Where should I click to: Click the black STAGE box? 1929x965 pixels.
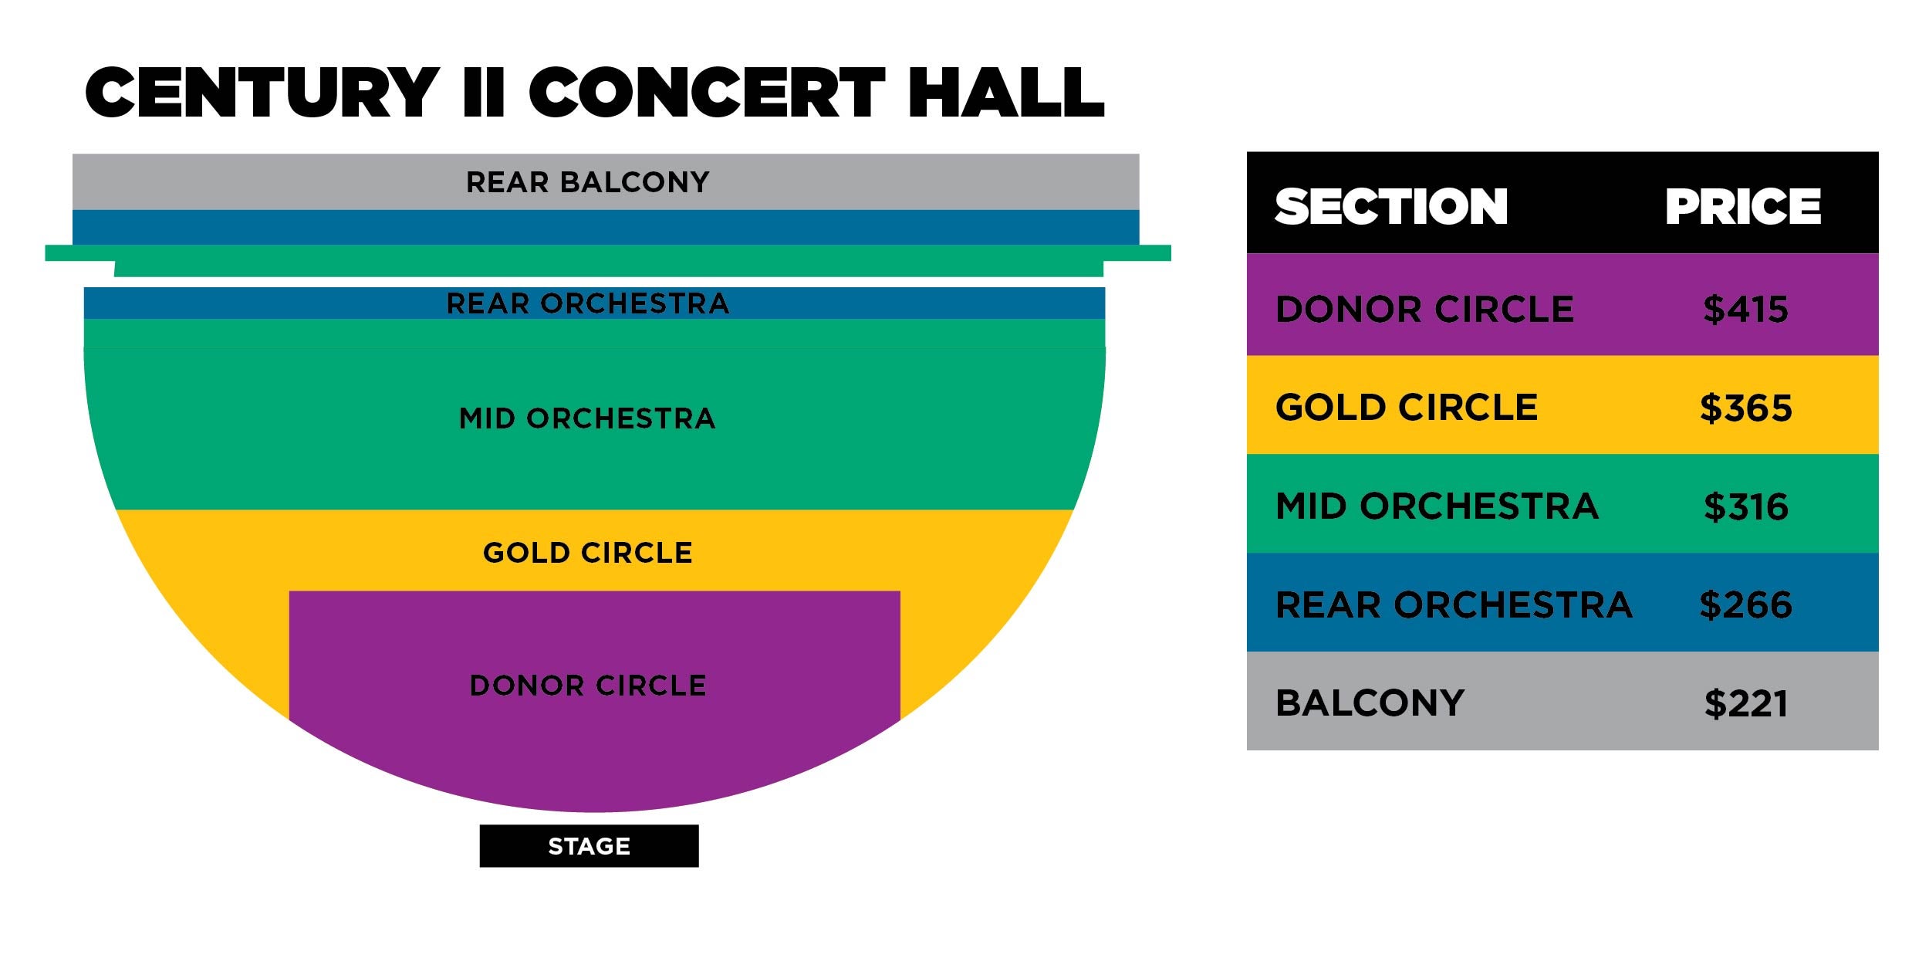click(x=589, y=846)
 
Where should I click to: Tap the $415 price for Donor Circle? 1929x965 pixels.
click(x=1746, y=310)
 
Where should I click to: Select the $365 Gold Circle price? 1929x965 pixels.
click(x=1746, y=408)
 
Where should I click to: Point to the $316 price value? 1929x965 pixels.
click(x=1746, y=507)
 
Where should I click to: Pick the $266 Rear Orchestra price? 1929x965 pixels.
click(x=1746, y=604)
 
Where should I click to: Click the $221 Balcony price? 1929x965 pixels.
click(x=1746, y=703)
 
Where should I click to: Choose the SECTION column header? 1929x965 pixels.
click(x=1391, y=207)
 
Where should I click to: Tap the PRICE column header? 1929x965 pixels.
click(x=1743, y=207)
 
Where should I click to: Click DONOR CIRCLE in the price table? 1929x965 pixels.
click(x=1424, y=310)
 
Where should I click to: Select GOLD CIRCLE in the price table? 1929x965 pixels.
click(x=1407, y=408)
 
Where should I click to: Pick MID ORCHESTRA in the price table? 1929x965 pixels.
click(x=1437, y=506)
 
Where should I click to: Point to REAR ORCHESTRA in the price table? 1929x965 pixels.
click(x=1454, y=604)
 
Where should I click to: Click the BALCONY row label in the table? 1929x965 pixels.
click(x=1370, y=703)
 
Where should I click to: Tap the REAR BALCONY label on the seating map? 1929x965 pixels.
click(x=588, y=182)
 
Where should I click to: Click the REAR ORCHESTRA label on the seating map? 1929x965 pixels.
click(x=588, y=303)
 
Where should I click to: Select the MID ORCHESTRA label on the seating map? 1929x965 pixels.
click(x=588, y=418)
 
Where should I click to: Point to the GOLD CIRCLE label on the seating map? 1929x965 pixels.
click(x=588, y=553)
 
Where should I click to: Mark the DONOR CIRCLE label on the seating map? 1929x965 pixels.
click(x=588, y=686)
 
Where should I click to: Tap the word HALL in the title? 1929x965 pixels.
click(x=1005, y=92)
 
